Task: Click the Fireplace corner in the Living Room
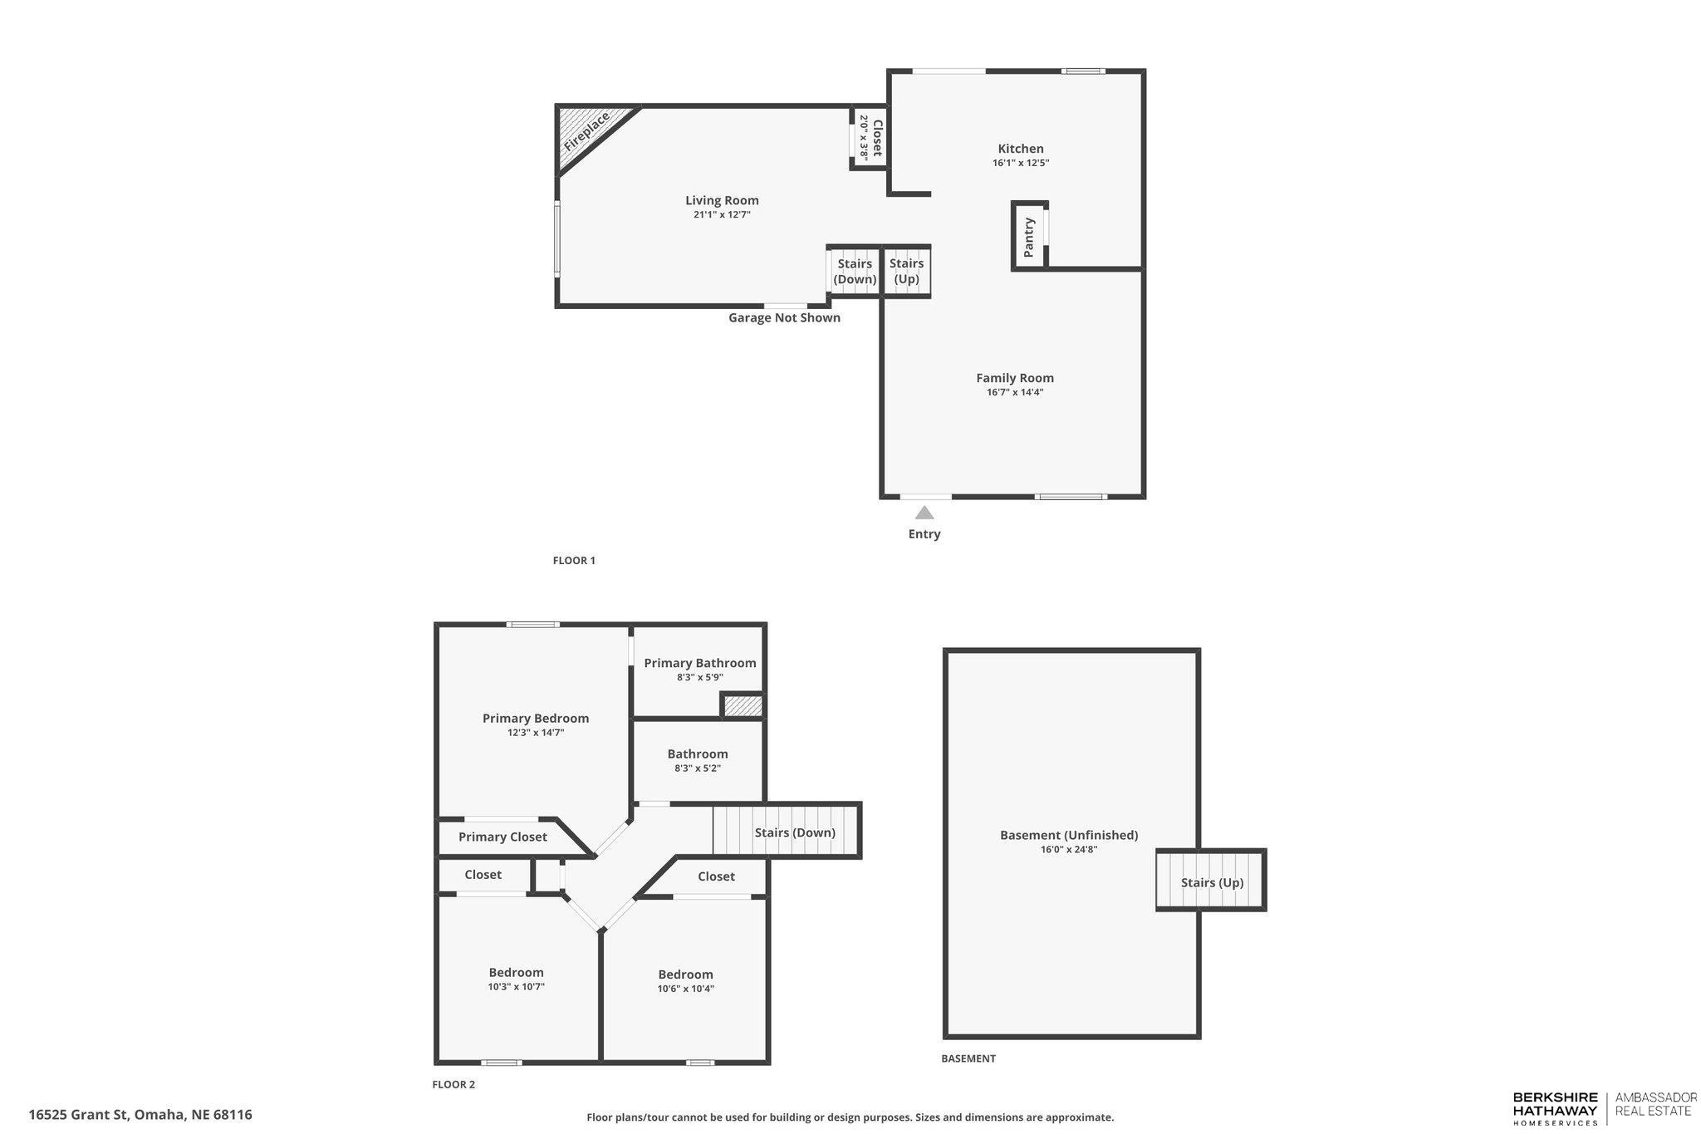pos(585,130)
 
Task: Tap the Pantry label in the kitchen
pos(1029,237)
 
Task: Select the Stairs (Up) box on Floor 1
pos(906,271)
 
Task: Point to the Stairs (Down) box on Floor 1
pos(855,271)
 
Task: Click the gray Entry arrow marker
pos(924,513)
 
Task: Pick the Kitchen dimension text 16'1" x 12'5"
pos(1020,164)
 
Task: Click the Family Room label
pos(1014,378)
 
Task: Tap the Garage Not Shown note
pos(784,317)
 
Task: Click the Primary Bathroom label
pos(699,663)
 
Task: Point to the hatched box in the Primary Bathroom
pos(743,706)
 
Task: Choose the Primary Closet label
pos(502,837)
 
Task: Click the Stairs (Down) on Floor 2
pos(794,832)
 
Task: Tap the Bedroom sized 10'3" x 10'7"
pos(516,979)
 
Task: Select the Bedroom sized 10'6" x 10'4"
pos(685,980)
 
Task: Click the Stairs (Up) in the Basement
pos(1212,882)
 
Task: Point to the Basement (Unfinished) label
pos(1068,835)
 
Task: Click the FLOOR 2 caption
pos(453,1084)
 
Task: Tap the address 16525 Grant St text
pos(140,1115)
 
